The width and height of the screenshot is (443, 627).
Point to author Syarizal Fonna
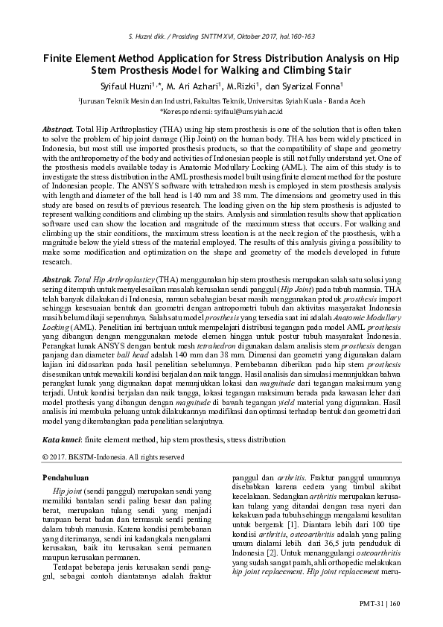[307, 86]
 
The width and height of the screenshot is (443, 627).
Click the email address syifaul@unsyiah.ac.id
[248, 110]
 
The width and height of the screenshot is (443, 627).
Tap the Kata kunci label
[61, 440]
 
